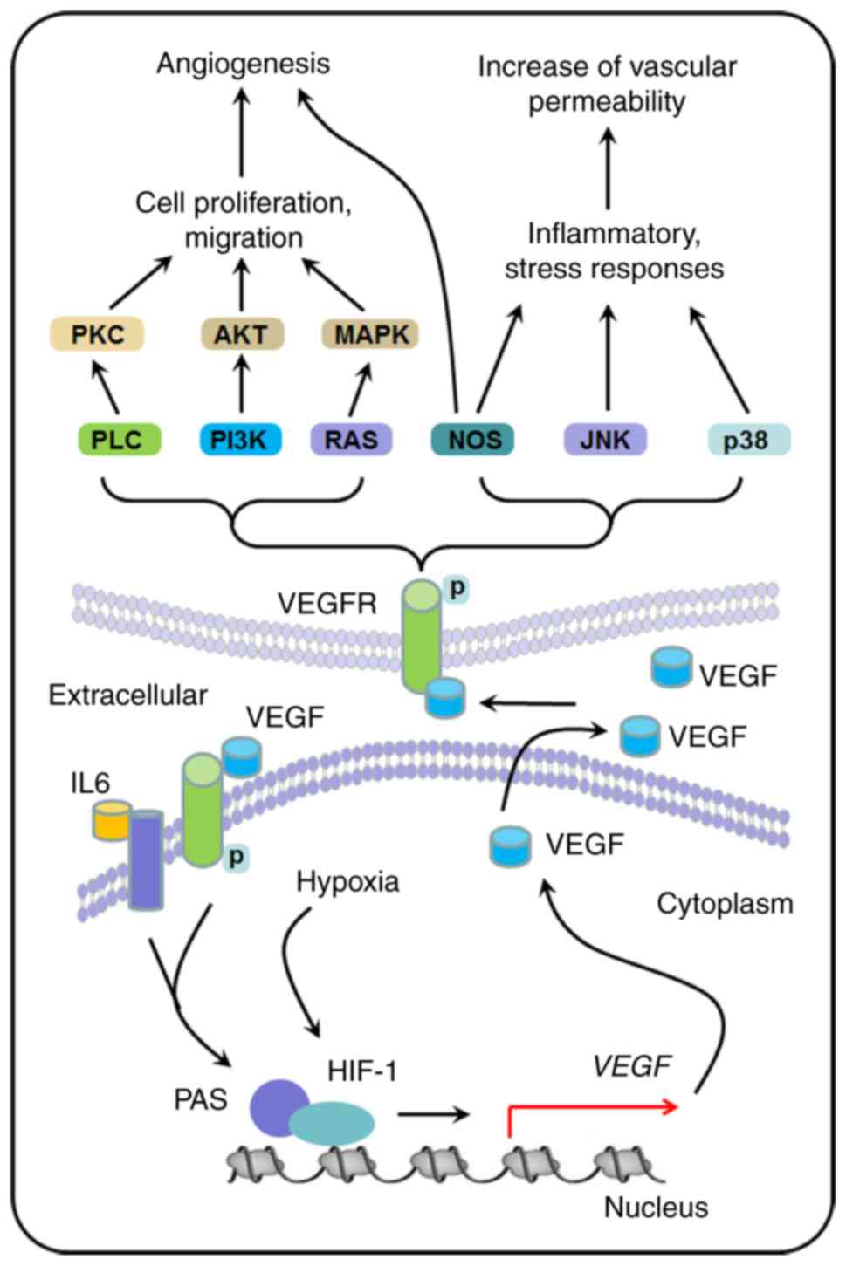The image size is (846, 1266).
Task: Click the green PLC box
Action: click(119, 439)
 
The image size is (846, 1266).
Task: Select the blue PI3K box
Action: click(239, 439)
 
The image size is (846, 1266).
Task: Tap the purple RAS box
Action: click(351, 439)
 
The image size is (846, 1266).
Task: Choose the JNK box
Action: click(605, 439)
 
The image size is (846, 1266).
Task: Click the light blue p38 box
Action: click(747, 439)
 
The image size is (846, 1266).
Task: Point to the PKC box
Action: click(97, 334)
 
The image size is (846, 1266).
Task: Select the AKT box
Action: click(241, 334)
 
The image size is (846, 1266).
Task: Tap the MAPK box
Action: click(370, 334)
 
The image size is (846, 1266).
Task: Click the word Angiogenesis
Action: click(243, 64)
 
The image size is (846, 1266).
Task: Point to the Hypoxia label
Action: click(347, 881)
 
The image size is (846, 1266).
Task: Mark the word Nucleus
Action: click(656, 1208)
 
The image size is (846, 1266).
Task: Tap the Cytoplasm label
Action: click(725, 904)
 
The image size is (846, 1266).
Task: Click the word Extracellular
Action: click(127, 695)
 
